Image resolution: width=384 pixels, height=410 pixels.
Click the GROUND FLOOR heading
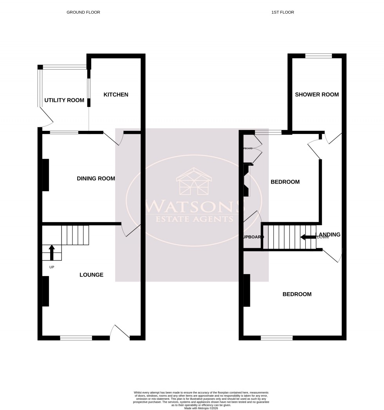(x=83, y=13)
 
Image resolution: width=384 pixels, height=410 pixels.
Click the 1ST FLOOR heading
(x=283, y=13)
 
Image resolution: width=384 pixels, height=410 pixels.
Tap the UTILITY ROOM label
(x=64, y=100)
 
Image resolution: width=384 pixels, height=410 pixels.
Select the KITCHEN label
(x=116, y=95)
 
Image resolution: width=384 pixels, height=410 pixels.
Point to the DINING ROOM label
(x=96, y=179)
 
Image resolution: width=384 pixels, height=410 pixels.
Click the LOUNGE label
(x=91, y=275)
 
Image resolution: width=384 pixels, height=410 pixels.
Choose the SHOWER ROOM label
(x=317, y=94)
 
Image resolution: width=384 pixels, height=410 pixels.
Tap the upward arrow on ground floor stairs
(x=52, y=252)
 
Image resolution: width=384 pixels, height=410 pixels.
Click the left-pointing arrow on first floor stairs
(x=308, y=237)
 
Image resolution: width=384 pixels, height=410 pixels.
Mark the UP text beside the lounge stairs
(x=52, y=267)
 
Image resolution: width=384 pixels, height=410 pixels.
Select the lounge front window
(x=76, y=337)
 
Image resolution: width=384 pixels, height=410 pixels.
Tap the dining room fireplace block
(x=45, y=175)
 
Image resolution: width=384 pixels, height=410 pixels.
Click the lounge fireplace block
(x=45, y=291)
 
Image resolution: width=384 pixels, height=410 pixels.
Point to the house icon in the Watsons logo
(x=194, y=182)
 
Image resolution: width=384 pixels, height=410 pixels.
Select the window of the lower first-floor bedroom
(x=277, y=338)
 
